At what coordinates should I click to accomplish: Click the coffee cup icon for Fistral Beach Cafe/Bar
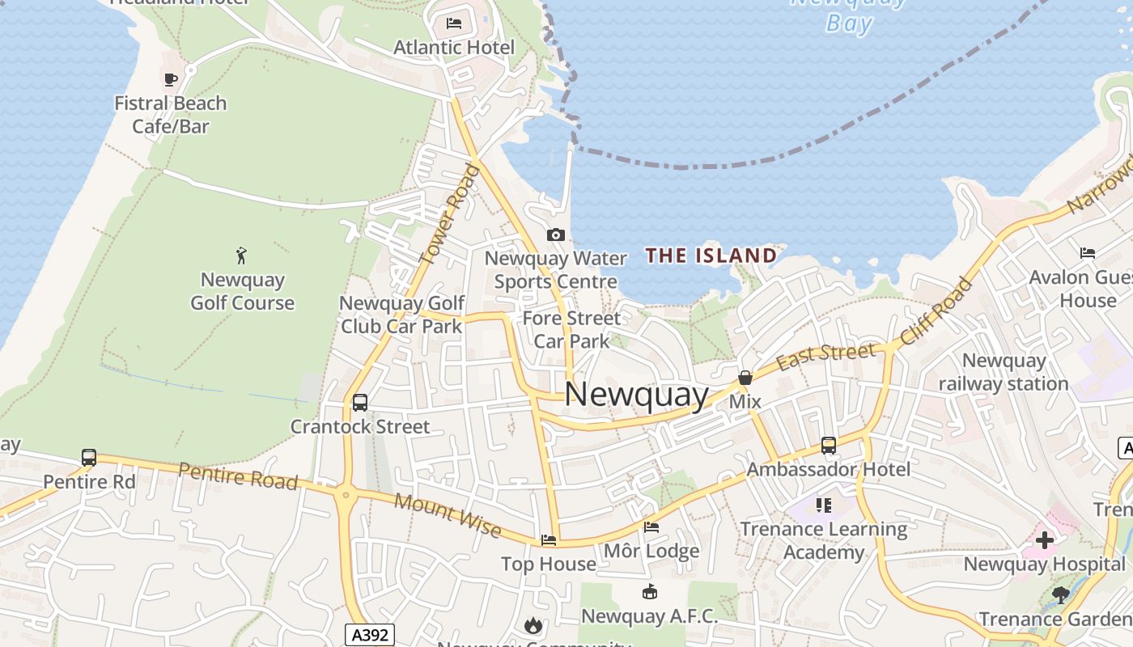170,79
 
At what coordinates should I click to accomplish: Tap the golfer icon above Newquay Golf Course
241,256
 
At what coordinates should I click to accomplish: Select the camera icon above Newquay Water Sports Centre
555,235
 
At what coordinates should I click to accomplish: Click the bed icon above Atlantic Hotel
454,23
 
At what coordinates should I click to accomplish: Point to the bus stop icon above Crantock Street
360,402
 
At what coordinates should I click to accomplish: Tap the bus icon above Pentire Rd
89,458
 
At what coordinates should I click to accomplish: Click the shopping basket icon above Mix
745,378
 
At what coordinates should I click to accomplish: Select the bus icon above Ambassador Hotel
828,445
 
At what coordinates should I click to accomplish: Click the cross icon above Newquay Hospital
1044,539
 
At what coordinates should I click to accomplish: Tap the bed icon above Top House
549,539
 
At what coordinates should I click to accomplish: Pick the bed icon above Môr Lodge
651,527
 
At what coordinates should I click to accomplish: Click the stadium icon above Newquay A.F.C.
649,592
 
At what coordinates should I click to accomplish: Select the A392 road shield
371,635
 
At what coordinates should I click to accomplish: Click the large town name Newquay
636,395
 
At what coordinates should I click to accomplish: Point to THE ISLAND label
711,256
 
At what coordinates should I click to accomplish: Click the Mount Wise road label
448,514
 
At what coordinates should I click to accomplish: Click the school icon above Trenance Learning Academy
824,505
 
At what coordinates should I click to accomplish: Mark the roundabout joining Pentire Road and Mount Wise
346,493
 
